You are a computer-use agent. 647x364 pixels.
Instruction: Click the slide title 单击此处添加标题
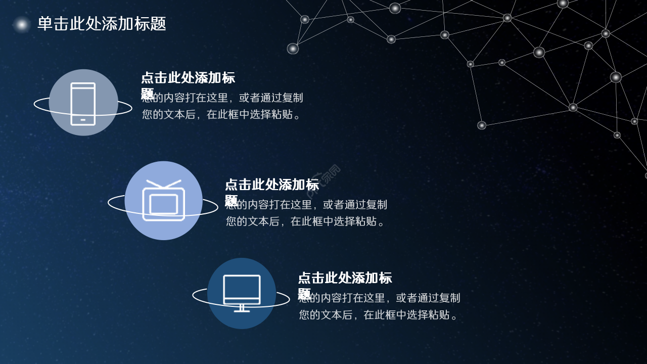click(102, 24)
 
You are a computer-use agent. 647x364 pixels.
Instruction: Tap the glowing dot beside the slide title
click(22, 24)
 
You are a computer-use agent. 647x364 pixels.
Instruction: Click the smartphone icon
click(83, 104)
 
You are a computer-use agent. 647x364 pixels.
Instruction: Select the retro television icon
click(163, 201)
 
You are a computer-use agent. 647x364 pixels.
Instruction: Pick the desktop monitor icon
click(242, 293)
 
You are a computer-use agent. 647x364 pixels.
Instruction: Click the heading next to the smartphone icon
click(188, 78)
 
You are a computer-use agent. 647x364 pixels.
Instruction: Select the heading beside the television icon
click(271, 186)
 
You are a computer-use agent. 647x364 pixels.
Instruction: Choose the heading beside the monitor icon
click(344, 279)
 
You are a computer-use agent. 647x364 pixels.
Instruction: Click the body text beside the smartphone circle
click(222, 106)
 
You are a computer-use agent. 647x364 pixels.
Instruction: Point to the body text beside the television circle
click(306, 213)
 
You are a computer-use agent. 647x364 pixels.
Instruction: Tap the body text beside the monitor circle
click(379, 306)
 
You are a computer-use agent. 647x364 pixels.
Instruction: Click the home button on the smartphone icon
click(83, 120)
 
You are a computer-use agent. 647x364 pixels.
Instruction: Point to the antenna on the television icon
click(163, 184)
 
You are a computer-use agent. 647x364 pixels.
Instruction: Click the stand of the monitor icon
click(242, 308)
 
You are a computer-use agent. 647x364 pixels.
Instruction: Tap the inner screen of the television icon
click(163, 204)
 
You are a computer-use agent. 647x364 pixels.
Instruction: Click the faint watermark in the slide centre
click(323, 180)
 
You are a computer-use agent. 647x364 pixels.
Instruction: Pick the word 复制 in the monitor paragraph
click(449, 298)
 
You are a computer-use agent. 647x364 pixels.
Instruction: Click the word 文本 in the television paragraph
click(259, 221)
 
